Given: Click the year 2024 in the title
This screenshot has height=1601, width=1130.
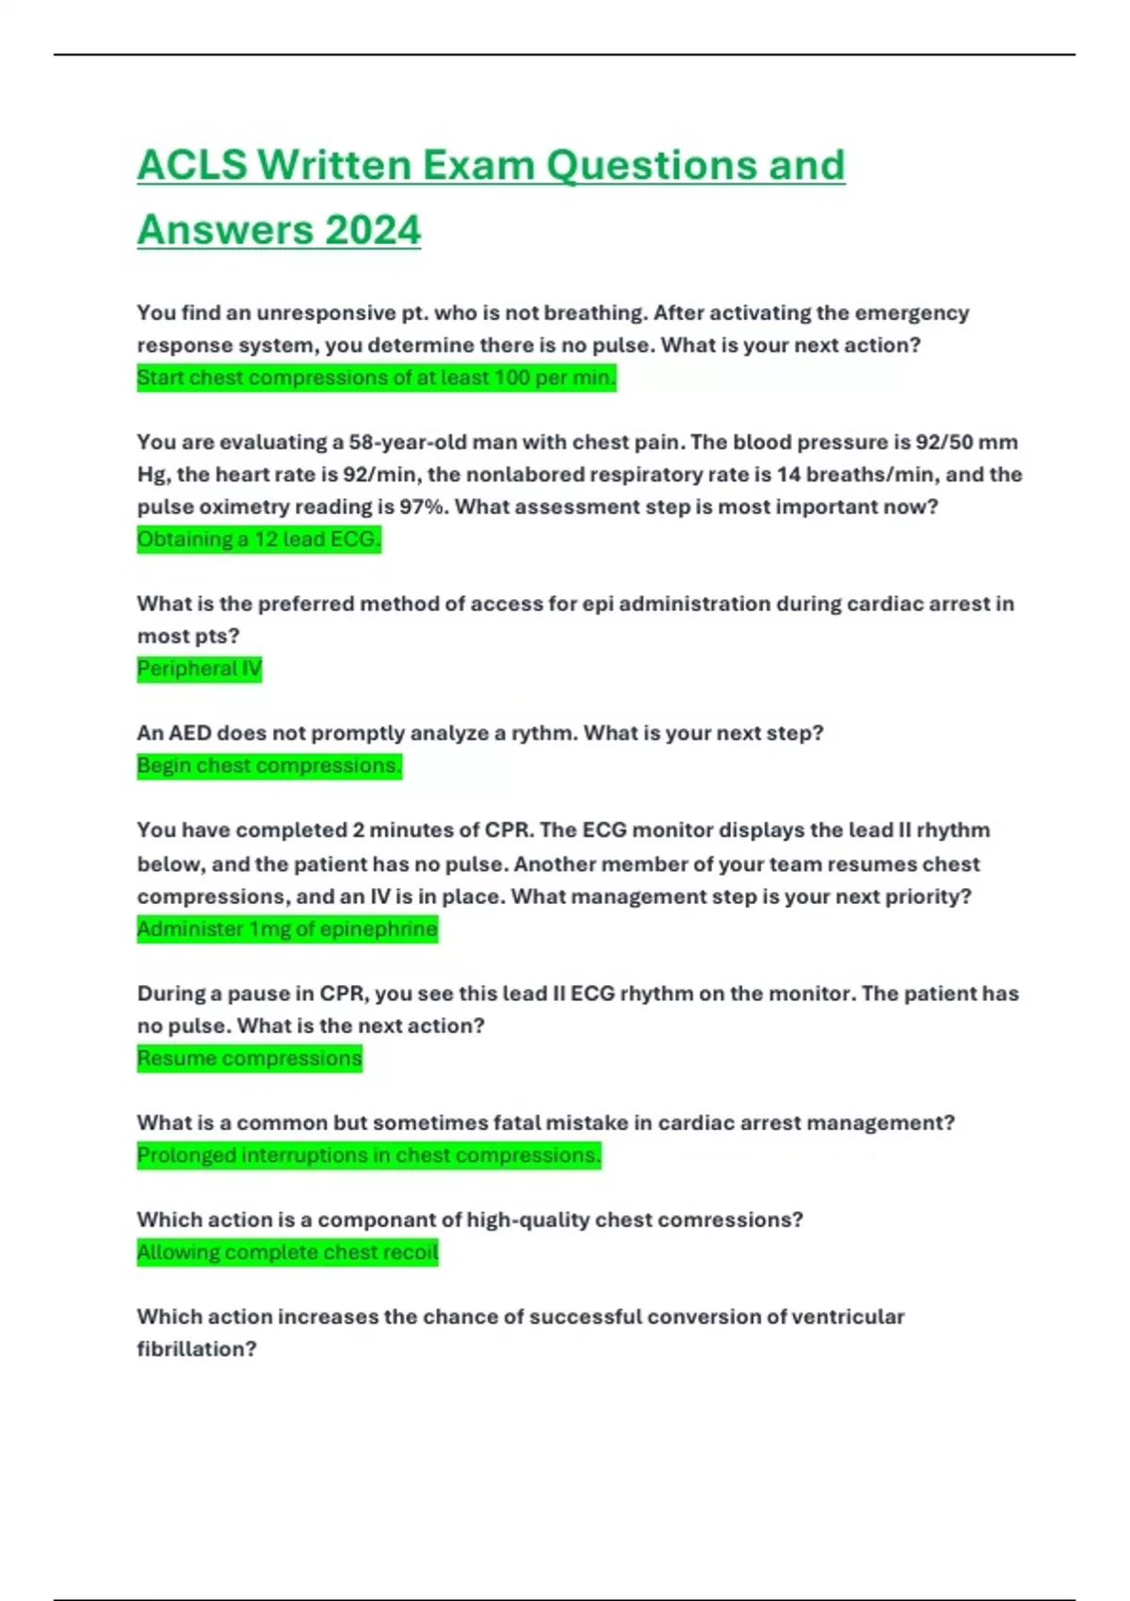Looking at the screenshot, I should [x=373, y=231].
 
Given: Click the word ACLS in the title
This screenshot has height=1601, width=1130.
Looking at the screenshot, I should [x=192, y=166].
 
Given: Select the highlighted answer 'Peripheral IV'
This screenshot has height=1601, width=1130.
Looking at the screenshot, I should [x=199, y=669].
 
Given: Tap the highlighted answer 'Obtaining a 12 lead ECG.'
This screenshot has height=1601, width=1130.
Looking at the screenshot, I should [x=259, y=540].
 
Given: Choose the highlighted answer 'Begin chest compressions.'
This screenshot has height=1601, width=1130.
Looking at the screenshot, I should [x=269, y=766].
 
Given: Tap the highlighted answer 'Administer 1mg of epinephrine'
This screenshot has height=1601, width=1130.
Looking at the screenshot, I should [x=287, y=930].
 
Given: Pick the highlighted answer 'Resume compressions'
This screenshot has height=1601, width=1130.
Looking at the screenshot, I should [x=250, y=1059].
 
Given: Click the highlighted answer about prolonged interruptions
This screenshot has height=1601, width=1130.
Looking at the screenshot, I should [x=368, y=1156].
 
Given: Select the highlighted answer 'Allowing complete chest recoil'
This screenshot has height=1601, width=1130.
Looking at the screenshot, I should [x=287, y=1253].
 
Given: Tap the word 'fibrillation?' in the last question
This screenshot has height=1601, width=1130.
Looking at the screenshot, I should [x=196, y=1349].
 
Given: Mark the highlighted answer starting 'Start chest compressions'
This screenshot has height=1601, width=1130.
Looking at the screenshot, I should [x=376, y=378].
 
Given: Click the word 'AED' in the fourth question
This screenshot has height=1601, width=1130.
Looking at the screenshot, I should [x=189, y=733].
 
